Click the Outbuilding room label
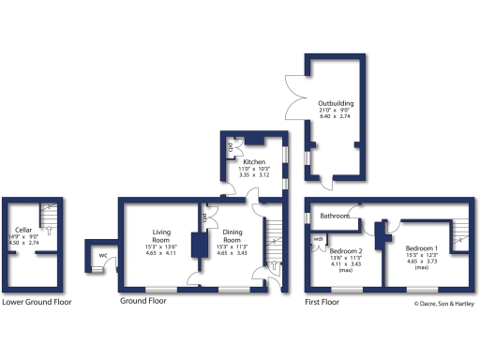[335, 102]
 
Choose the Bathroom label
[335, 217]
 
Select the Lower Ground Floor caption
[37, 302]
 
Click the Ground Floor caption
[143, 302]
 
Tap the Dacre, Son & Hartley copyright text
[444, 303]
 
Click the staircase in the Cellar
[50, 217]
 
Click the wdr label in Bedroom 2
[318, 239]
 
